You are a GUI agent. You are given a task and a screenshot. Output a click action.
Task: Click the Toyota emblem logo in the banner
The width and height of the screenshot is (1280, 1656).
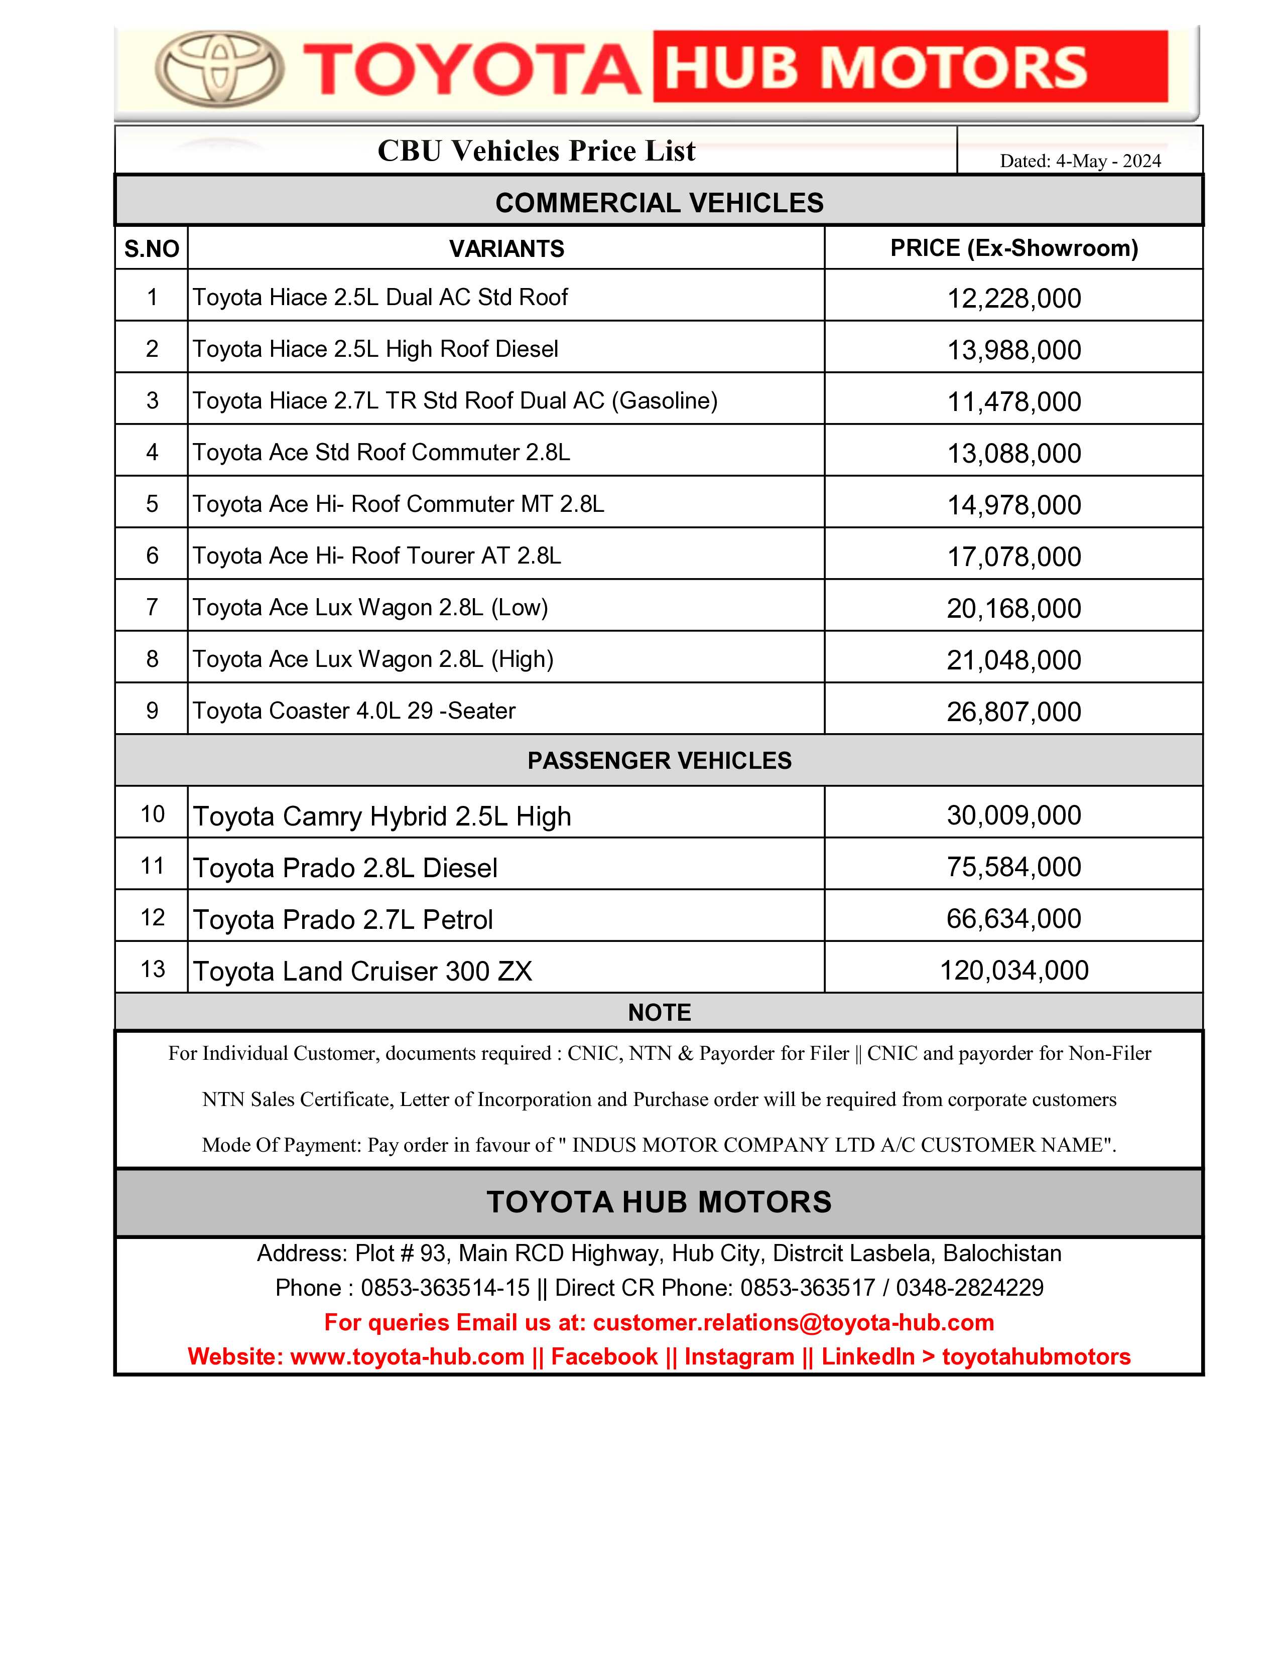[x=220, y=68]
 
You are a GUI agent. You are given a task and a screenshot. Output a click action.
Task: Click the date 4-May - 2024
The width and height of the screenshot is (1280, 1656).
[x=1108, y=161]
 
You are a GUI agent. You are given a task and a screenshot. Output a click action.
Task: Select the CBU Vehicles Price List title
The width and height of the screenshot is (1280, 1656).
[x=536, y=151]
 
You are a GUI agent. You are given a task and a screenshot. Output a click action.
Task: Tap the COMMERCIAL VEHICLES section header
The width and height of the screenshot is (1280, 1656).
[x=659, y=202]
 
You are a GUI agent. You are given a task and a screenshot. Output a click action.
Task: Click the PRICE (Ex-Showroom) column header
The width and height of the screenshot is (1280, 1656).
[x=1014, y=248]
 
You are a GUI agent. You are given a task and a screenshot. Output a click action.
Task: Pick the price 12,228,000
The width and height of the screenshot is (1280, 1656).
[x=1014, y=298]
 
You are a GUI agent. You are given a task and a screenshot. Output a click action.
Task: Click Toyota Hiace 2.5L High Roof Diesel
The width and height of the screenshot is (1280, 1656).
[x=375, y=349]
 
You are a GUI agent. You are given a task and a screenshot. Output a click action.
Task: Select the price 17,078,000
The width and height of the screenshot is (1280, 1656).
[x=1014, y=557]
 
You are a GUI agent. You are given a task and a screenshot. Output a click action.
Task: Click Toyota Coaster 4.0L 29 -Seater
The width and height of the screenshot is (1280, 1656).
[x=354, y=711]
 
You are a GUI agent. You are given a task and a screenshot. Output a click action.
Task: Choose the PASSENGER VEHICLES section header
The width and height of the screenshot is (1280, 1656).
[x=659, y=761]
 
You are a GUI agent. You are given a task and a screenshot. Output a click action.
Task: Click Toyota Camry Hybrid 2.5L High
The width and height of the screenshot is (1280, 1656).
[x=382, y=816]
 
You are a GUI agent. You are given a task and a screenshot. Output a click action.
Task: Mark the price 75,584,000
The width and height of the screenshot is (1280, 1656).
[x=1014, y=867]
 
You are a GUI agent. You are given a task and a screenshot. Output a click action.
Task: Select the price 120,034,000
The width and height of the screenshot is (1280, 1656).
[x=1014, y=970]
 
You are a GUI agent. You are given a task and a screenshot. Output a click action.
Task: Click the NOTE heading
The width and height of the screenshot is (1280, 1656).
[x=659, y=1012]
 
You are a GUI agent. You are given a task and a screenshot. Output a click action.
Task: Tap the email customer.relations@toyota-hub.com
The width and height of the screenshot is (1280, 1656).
[x=793, y=1322]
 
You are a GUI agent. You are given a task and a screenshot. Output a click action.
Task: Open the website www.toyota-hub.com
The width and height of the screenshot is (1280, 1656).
[x=407, y=1356]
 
